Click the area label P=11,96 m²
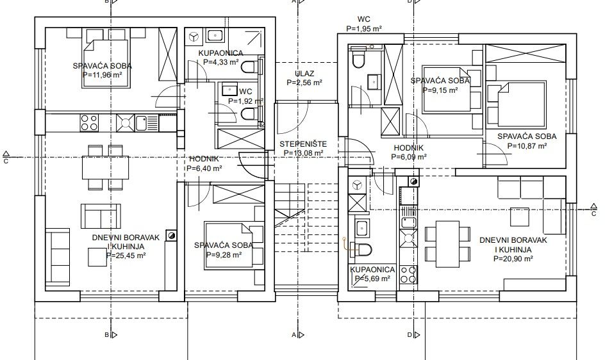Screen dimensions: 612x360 pyautogui.click(x=103, y=75)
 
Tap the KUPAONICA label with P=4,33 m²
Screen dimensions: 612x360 pyautogui.click(x=221, y=53)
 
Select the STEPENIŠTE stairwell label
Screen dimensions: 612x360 pyautogui.click(x=303, y=144)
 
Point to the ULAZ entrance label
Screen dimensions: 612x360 pyautogui.click(x=304, y=73)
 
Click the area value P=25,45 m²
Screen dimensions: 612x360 pyautogui.click(x=126, y=256)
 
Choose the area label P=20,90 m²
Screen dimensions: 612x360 pyautogui.click(x=513, y=258)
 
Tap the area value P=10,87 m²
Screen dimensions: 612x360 pyautogui.click(x=527, y=146)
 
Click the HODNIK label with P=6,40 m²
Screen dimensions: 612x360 pyautogui.click(x=204, y=159)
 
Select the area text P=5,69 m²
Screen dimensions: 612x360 pyautogui.click(x=372, y=279)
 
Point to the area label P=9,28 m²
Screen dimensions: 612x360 pyautogui.click(x=224, y=254)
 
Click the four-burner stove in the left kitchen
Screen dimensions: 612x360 pyautogui.click(x=89, y=122)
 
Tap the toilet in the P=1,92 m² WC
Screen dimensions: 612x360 pyautogui.click(x=249, y=114)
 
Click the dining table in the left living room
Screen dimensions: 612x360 pyautogui.click(x=105, y=167)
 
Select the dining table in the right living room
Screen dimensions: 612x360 pyautogui.click(x=447, y=245)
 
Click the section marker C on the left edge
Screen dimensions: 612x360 pyautogui.click(x=6, y=157)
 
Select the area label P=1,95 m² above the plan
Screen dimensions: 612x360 pyautogui.click(x=364, y=28)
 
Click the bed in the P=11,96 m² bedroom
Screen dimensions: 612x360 pyautogui.click(x=105, y=64)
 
